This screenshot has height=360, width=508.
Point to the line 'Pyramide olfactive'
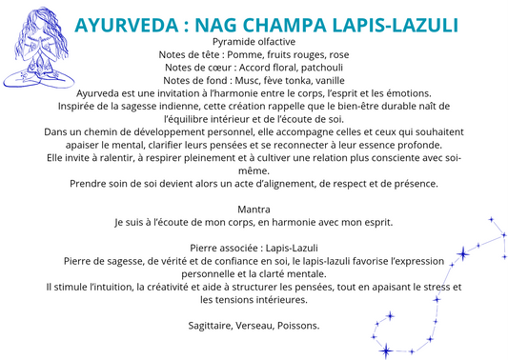pyautogui.click(x=254, y=42)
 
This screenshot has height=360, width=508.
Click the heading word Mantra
pyautogui.click(x=254, y=209)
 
